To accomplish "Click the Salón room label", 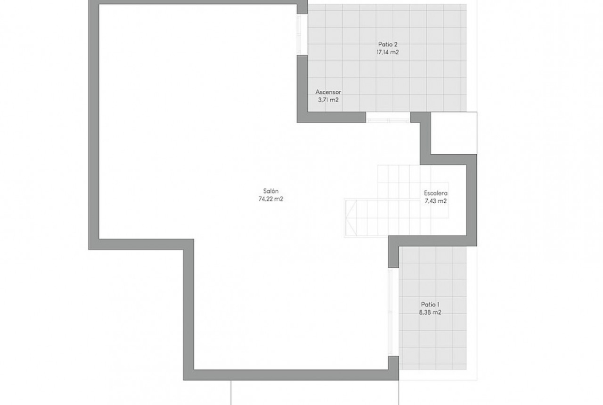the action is (x=271, y=191).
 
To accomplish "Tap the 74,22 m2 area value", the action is (x=271, y=199).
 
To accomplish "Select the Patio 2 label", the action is (x=388, y=44).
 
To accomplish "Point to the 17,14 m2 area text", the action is (x=388, y=52).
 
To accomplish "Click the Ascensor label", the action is (x=328, y=92).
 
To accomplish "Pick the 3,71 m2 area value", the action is (x=328, y=100).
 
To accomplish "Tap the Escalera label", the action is (x=435, y=193).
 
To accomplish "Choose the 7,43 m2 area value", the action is (x=435, y=201).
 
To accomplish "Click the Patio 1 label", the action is (x=430, y=304).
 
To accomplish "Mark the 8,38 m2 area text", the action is (x=430, y=313).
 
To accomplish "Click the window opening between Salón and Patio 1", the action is (x=391, y=312).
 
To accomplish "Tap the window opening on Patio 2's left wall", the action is (x=299, y=34).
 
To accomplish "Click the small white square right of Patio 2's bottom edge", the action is (x=454, y=133).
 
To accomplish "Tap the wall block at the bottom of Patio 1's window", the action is (x=393, y=363).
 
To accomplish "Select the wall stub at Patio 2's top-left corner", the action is (x=302, y=7).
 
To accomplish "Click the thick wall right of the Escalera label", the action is (x=472, y=200).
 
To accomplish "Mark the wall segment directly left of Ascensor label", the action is (x=302, y=89).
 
